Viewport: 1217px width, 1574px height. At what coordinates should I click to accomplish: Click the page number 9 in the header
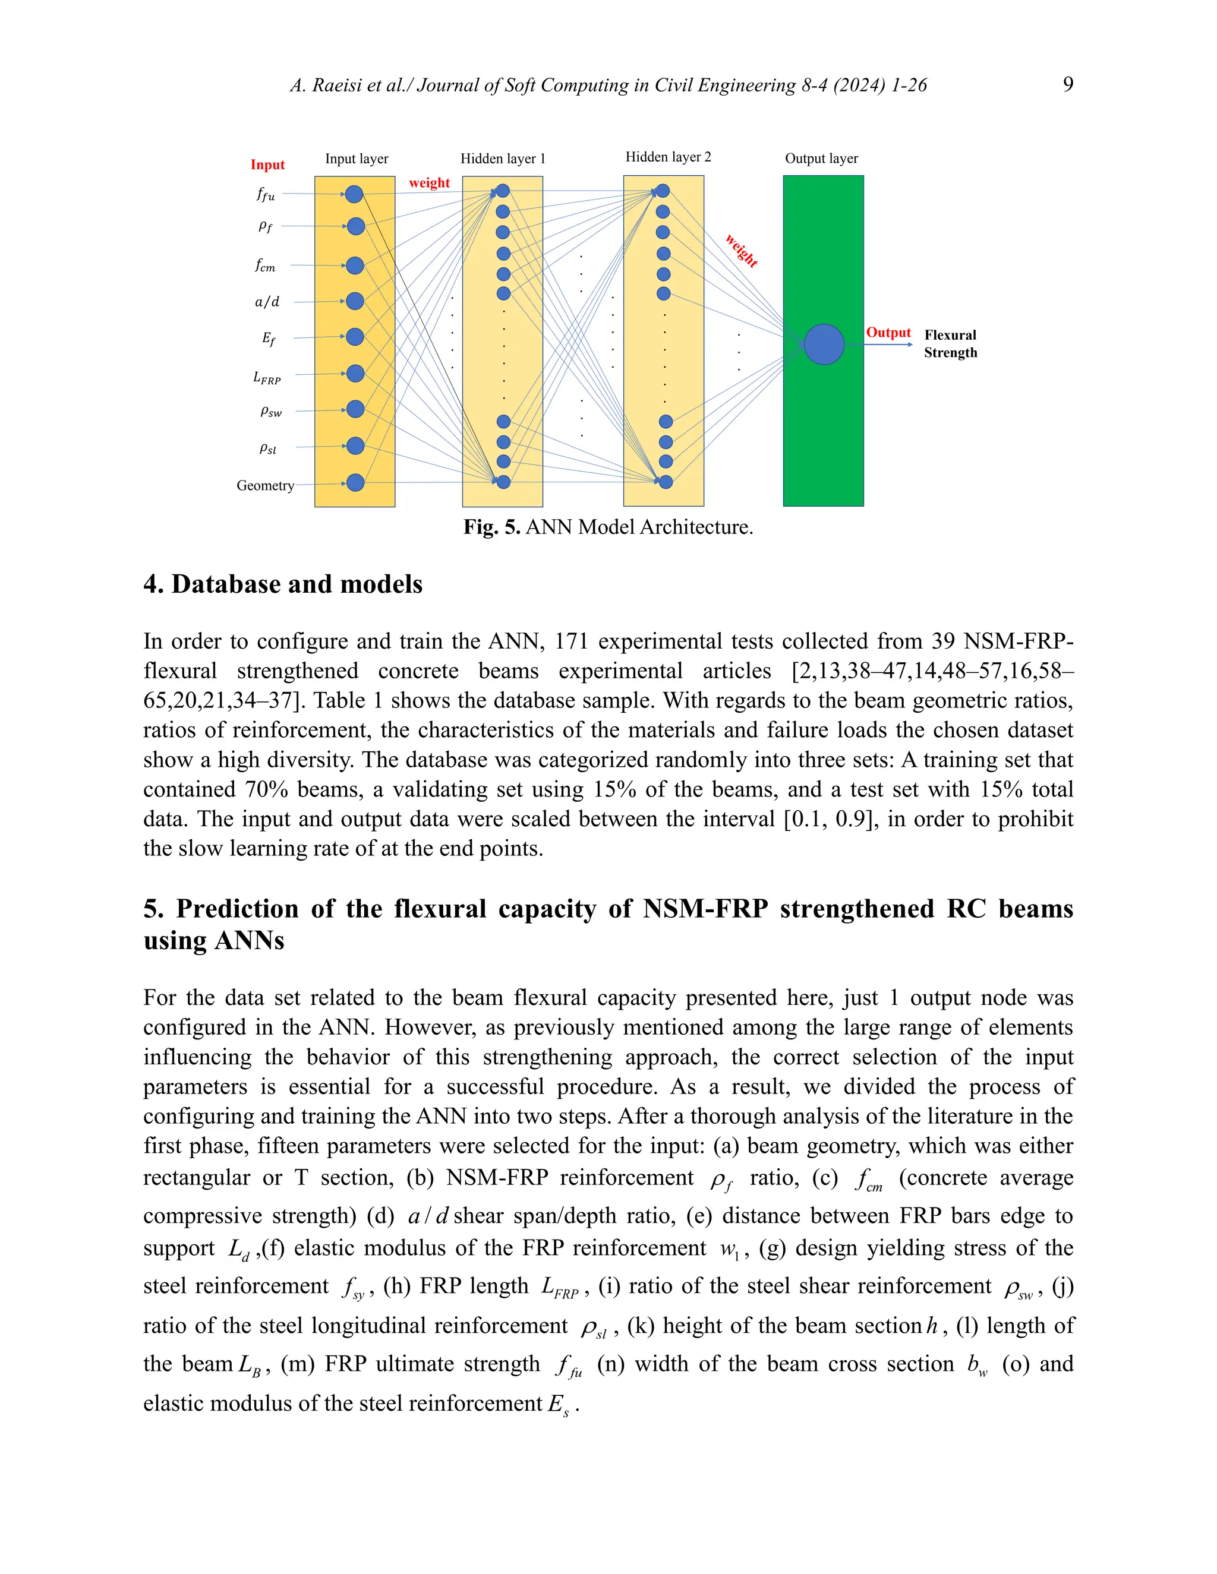pos(1068,84)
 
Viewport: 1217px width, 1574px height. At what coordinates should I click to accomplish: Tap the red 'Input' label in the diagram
pos(267,165)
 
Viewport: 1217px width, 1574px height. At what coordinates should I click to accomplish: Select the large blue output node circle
pos(824,344)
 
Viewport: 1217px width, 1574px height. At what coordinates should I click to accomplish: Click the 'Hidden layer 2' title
pos(667,157)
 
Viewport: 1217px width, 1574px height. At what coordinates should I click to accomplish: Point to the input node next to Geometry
pos(355,482)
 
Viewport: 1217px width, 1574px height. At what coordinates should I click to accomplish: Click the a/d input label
pos(267,301)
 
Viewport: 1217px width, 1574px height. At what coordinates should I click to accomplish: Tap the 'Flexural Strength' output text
pos(950,344)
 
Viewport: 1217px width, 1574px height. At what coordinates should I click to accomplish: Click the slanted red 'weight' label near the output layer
pos(741,250)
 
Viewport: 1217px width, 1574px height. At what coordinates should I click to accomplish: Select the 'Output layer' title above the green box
pos(821,159)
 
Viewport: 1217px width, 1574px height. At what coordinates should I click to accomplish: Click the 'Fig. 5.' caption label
pos(491,527)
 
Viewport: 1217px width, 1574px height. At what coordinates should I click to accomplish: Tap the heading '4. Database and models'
pos(283,584)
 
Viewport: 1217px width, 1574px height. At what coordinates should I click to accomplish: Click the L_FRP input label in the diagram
pos(267,377)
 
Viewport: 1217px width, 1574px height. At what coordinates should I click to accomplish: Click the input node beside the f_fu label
pos(354,194)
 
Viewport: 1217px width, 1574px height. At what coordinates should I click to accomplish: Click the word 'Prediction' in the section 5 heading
pos(237,909)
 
